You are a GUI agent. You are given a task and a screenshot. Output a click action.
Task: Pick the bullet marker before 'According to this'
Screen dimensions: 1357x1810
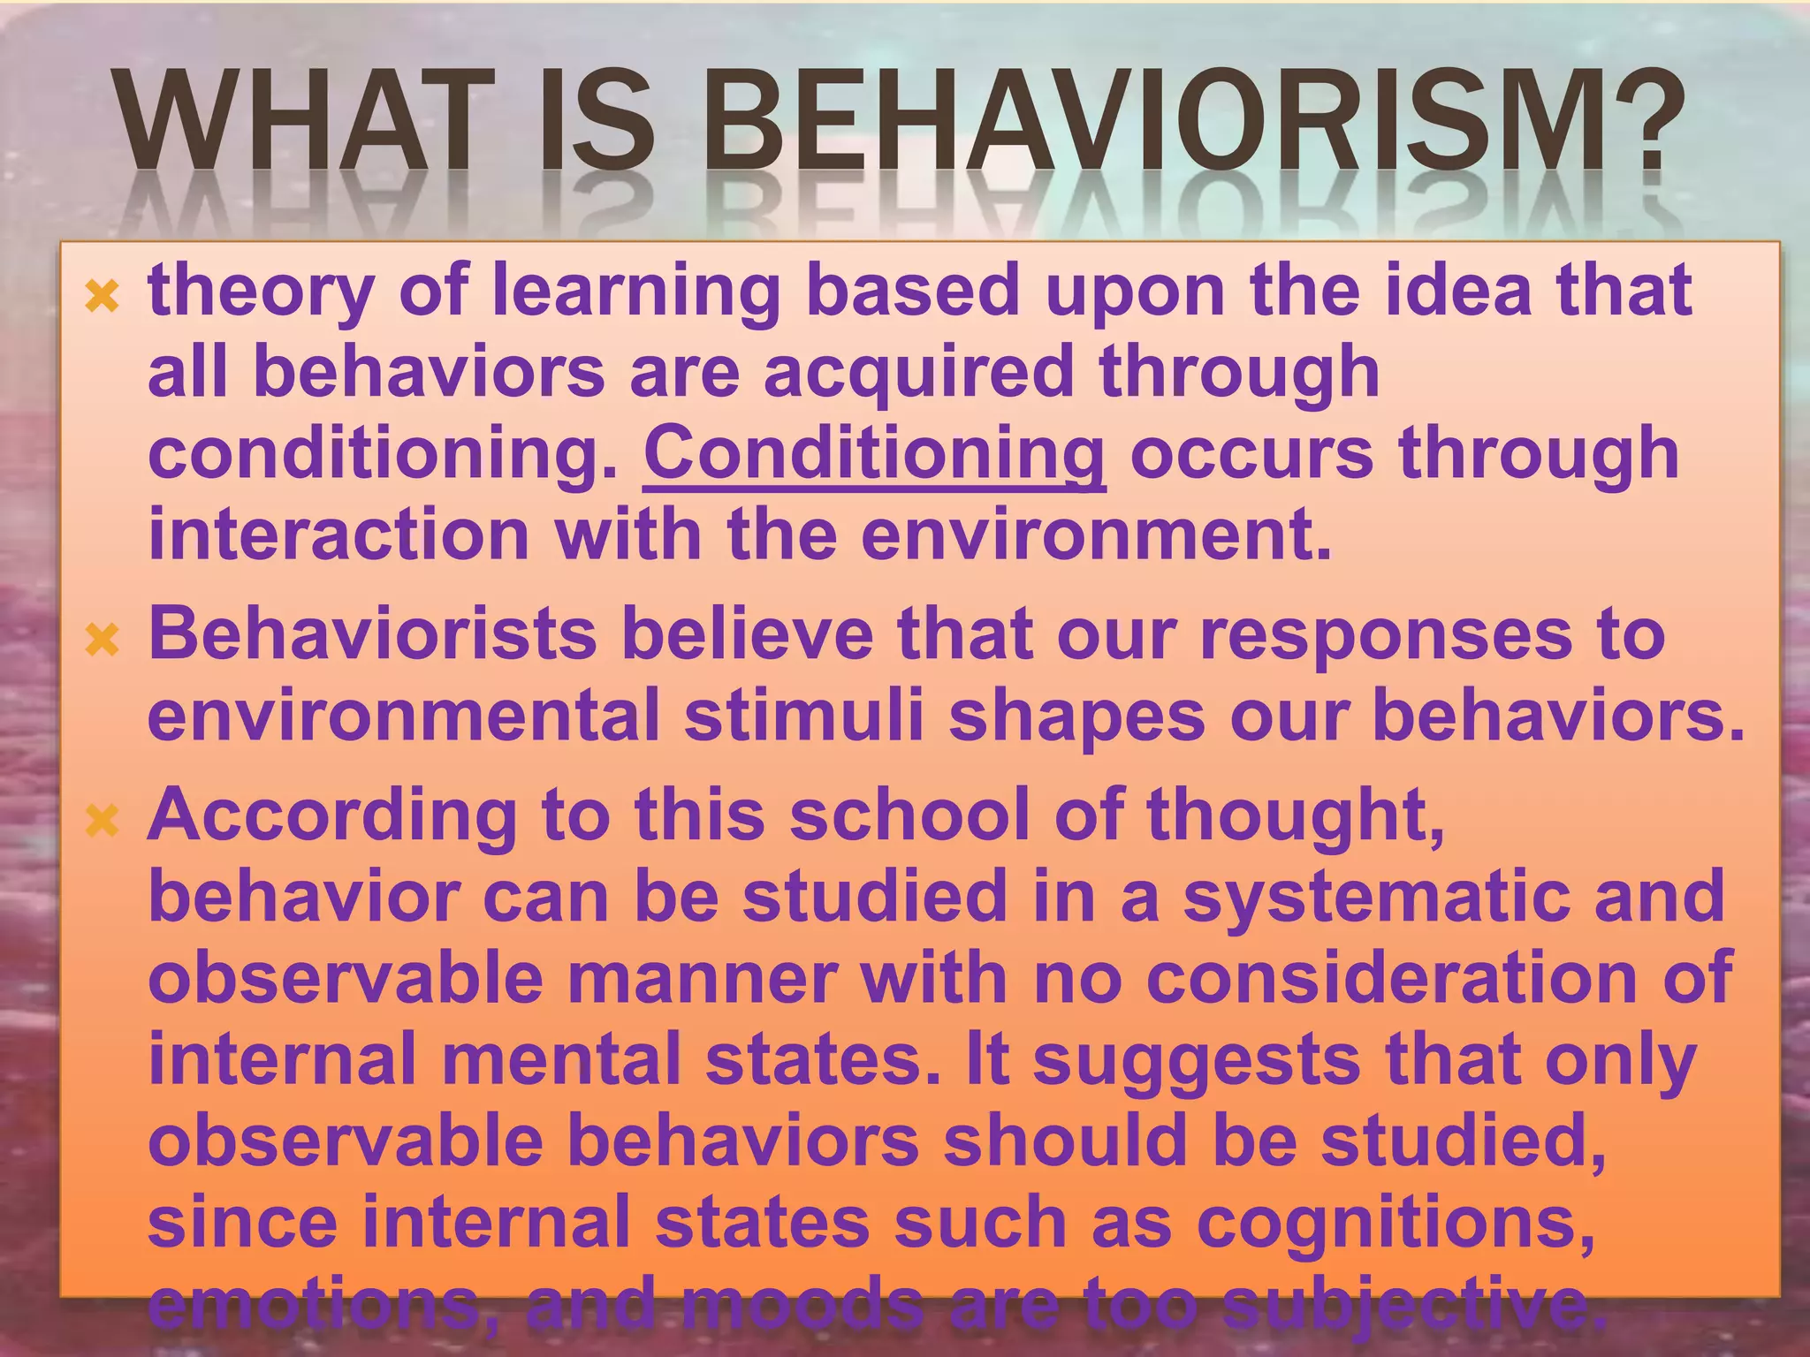[103, 822]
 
